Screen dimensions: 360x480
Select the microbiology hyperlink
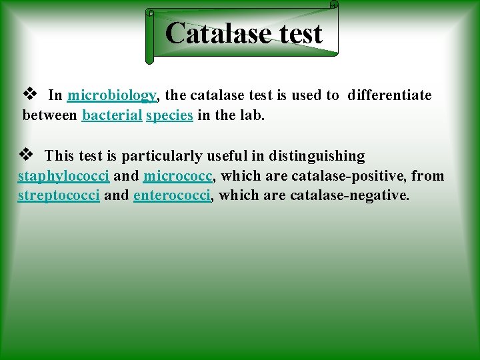112,95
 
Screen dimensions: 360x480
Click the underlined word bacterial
112,115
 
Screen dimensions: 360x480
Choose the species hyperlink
169,115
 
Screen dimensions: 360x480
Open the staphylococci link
63,176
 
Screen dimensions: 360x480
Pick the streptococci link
59,195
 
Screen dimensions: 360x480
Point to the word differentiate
389,95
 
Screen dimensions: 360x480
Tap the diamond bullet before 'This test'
26,155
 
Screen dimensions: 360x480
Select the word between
50,115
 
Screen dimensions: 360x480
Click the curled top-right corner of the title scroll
333,5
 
